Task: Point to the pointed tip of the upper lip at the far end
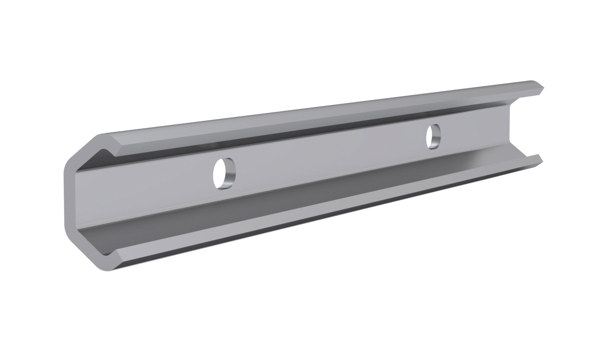pos(543,88)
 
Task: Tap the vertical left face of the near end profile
pos(69,199)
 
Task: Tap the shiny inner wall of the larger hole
pos(230,174)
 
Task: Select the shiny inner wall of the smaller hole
pos(437,137)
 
